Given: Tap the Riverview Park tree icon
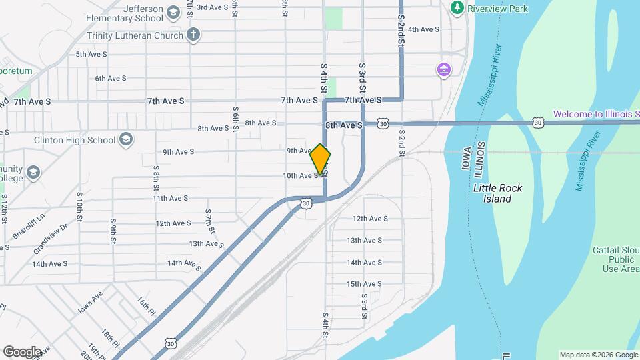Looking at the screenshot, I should point(457,8).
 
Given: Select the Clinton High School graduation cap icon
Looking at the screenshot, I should point(126,140).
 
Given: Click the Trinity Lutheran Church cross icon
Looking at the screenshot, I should point(193,35).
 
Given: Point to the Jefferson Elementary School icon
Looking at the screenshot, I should point(173,13).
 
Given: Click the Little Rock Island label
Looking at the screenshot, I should point(497,193).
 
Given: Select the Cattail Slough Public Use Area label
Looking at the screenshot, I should point(613,259).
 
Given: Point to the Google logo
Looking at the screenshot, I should point(22,351).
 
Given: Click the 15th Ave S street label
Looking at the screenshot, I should point(363,284).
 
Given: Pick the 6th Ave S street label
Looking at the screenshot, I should point(111,78).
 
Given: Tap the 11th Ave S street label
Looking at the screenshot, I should point(171,198).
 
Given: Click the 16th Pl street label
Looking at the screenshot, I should point(147,306).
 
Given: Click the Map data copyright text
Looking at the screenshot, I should point(597,355).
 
